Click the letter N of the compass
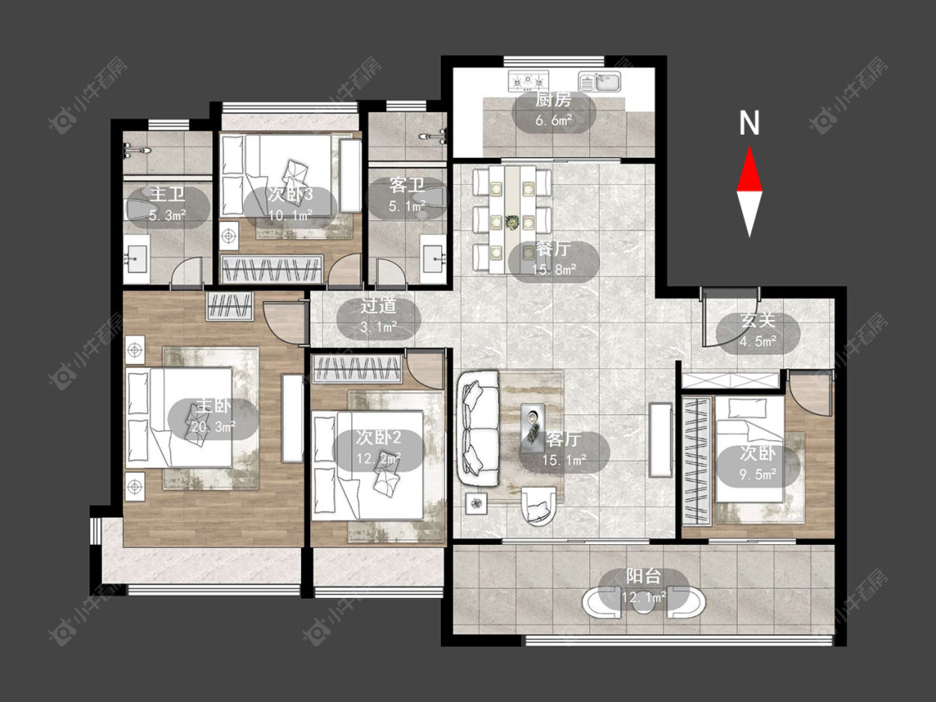pos(749,123)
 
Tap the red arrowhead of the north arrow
pos(750,171)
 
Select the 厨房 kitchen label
pos(552,100)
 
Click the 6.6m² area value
pos(553,120)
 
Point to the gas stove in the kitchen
pos(528,81)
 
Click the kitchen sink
pos(600,82)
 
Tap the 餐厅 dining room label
pos(553,249)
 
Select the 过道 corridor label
pos(379,306)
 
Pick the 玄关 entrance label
pos(758,321)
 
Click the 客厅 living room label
pos(563,440)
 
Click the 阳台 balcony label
pos(643,576)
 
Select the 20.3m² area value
pos(212,426)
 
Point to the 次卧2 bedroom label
pos(379,438)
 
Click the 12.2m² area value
pos(379,458)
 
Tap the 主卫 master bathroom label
pos(168,194)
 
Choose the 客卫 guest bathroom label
pos(407,185)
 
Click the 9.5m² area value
pos(758,474)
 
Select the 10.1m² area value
pos(290,215)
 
